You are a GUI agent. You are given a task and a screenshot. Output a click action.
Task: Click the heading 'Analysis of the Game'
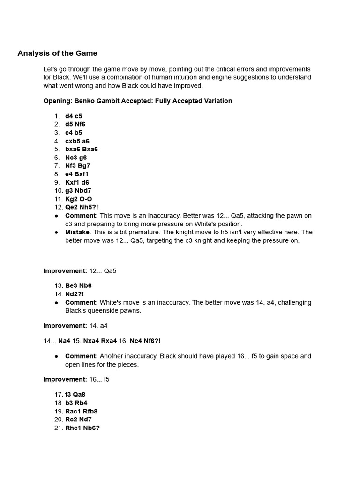(57, 53)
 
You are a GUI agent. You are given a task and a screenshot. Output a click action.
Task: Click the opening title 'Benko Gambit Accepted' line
(137, 101)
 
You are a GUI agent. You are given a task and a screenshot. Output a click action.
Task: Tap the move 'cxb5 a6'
(77, 141)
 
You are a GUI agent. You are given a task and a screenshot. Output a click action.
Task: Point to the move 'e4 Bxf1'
(76, 174)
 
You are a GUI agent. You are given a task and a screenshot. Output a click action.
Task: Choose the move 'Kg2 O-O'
(78, 199)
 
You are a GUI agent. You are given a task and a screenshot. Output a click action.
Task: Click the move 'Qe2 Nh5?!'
(82, 207)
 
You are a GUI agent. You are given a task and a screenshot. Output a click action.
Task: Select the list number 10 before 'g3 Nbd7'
(58, 191)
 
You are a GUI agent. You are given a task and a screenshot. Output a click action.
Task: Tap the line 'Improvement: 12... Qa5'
(80, 270)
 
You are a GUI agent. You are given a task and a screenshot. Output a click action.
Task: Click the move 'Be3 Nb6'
(78, 285)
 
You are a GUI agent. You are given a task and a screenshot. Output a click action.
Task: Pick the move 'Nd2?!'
(75, 294)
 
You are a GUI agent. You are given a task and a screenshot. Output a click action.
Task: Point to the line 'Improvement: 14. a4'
(75, 326)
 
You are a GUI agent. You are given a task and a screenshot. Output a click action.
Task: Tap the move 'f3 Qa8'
(75, 394)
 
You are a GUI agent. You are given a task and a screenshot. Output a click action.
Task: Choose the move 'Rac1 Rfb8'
(81, 411)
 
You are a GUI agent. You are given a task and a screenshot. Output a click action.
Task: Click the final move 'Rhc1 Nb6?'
(82, 428)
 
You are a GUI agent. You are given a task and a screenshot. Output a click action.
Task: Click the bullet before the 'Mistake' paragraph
(56, 232)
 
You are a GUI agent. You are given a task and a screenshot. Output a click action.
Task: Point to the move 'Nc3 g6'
(76, 157)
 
